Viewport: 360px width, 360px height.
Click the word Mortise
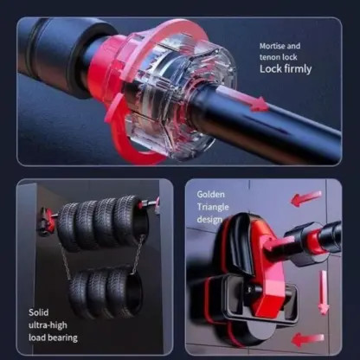coord(273,46)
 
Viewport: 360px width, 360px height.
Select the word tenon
coord(270,57)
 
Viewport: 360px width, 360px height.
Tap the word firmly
coord(298,69)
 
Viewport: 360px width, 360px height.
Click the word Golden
coord(210,195)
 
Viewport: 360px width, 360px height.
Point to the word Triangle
coord(213,207)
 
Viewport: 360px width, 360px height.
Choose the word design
coord(209,219)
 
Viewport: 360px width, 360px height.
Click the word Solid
coord(39,312)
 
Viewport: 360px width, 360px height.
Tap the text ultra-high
coord(48,325)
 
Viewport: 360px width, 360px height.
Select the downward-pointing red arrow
coord(324,292)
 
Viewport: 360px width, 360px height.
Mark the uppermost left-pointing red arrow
coord(305,198)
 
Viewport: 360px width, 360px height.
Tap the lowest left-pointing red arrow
coord(308,339)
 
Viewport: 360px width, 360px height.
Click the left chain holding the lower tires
coord(65,261)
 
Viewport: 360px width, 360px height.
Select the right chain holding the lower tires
coord(138,254)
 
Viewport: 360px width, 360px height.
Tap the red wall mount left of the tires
coord(46,222)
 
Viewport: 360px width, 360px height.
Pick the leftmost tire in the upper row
coord(69,227)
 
